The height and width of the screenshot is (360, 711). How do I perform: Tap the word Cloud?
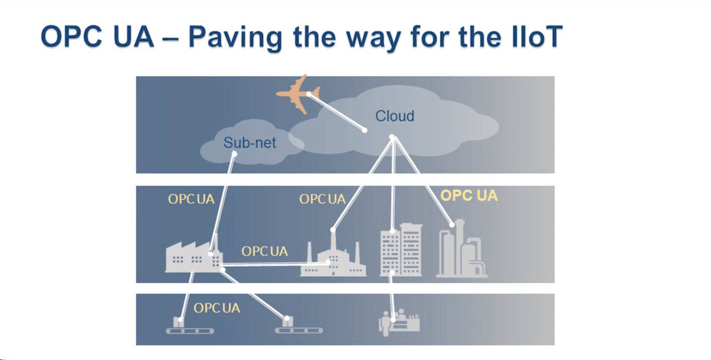(x=394, y=116)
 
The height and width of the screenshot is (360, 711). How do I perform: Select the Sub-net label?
(x=249, y=143)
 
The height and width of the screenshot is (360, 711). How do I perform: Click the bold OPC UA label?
(x=469, y=196)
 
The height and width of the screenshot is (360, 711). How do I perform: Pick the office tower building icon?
(x=401, y=250)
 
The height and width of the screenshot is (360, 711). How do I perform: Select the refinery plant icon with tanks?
(x=461, y=251)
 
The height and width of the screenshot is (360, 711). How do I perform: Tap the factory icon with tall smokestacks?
(x=333, y=260)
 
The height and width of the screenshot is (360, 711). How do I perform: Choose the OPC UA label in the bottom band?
(x=216, y=308)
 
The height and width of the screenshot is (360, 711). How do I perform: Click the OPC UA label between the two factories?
(x=264, y=251)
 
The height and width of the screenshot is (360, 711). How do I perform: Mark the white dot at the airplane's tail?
(x=309, y=94)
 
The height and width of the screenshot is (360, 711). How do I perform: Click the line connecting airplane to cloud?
(x=337, y=112)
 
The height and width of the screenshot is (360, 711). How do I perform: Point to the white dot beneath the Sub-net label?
(x=234, y=153)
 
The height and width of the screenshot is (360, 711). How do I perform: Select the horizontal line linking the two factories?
(x=274, y=264)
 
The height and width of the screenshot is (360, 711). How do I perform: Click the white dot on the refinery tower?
(x=452, y=225)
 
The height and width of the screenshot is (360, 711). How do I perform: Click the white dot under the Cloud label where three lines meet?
(x=392, y=137)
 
